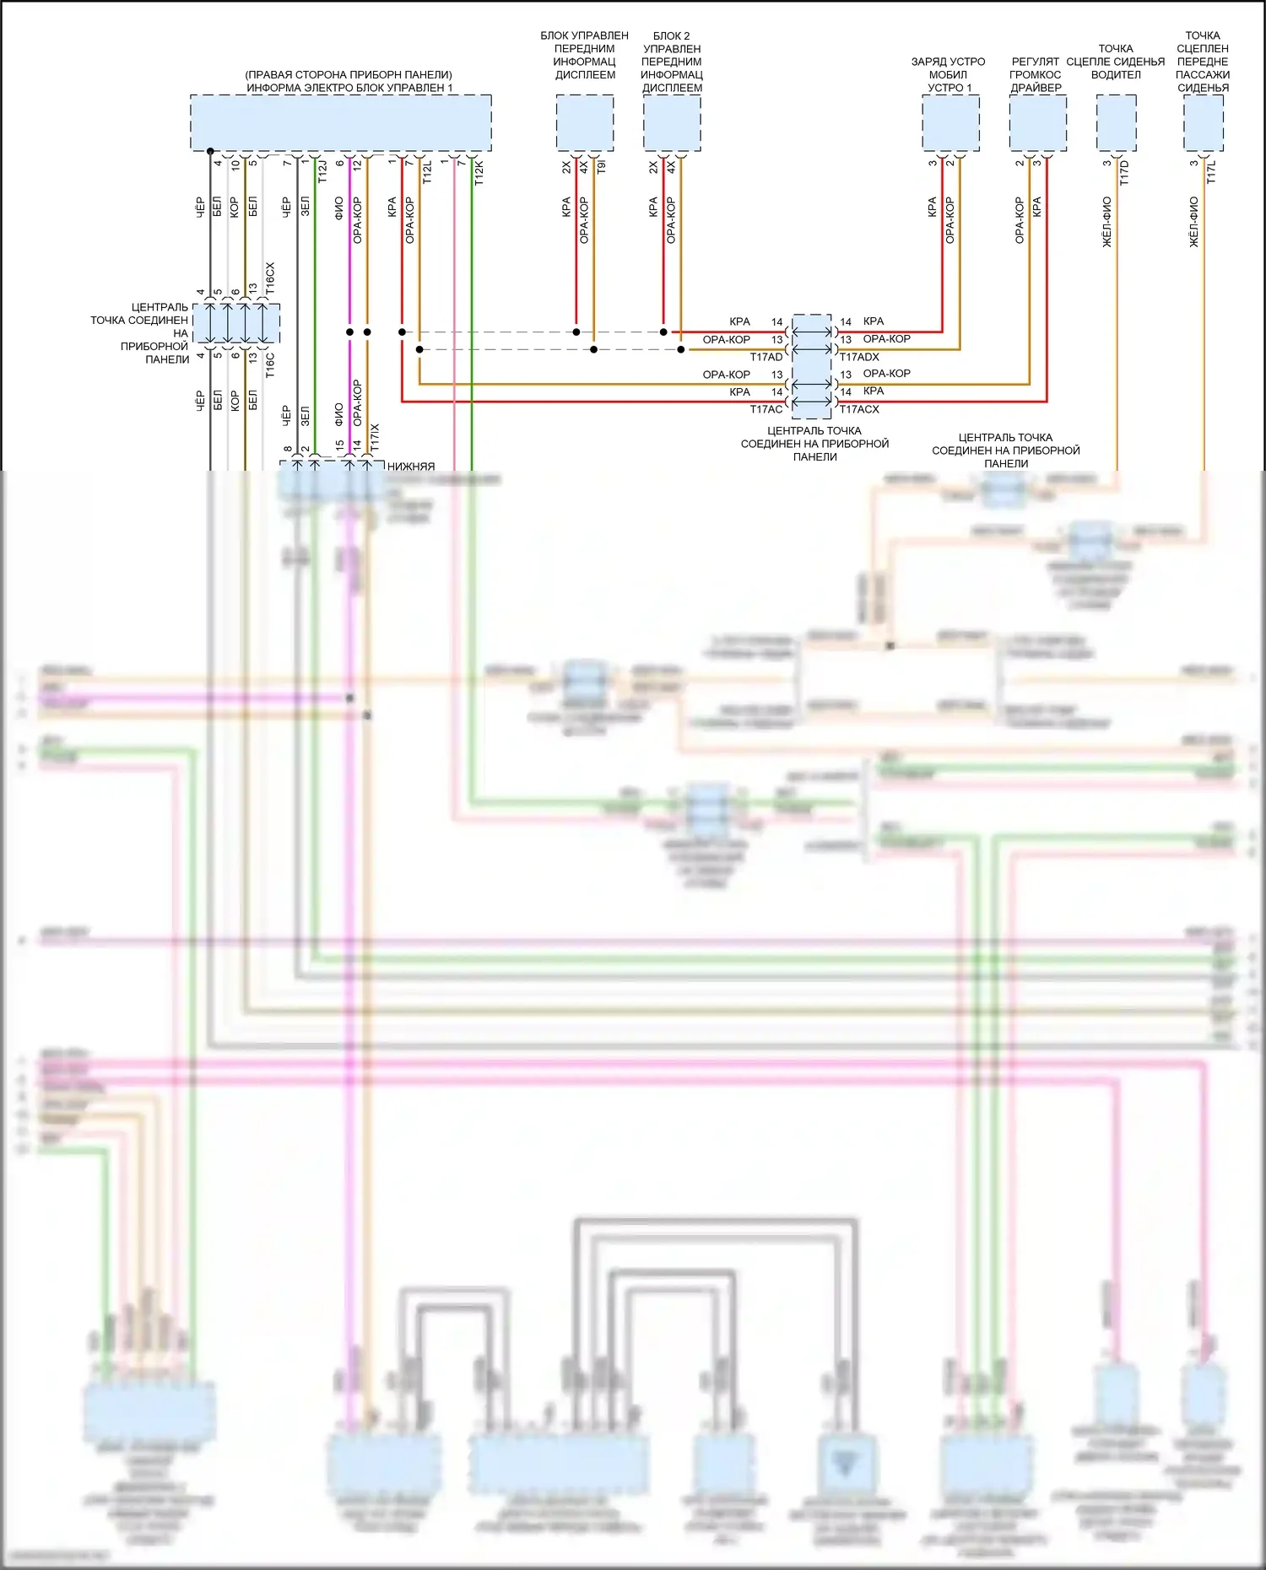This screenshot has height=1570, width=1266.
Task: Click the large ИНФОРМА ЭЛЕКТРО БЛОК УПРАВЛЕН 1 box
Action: [340, 123]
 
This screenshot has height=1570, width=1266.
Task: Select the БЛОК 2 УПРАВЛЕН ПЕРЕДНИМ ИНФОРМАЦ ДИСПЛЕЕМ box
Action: [672, 123]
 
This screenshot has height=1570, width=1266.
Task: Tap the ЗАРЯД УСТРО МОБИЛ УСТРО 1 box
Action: [950, 123]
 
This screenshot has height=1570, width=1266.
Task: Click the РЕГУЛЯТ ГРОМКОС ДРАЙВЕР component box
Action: [1037, 123]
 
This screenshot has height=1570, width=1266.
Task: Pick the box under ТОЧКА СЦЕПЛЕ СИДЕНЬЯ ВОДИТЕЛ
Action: [1116, 123]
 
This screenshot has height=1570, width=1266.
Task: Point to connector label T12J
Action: [322, 171]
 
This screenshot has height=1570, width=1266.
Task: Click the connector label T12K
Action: [479, 171]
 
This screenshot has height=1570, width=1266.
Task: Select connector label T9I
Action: [601, 167]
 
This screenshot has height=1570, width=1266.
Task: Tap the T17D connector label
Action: [1124, 172]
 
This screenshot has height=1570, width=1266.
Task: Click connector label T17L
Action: [1211, 172]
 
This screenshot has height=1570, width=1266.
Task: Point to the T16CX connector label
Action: [270, 278]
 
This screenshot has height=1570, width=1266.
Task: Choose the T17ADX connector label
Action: [859, 357]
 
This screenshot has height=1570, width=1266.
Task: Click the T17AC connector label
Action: [766, 409]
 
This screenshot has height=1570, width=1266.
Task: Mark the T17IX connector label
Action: [375, 437]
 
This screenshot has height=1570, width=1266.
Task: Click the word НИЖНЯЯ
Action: [411, 466]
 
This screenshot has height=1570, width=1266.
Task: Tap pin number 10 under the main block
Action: [235, 165]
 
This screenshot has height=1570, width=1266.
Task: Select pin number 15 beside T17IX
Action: [339, 445]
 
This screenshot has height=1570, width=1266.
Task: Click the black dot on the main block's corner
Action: [210, 150]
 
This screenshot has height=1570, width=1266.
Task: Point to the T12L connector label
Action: [427, 171]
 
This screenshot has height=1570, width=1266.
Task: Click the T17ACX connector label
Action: [859, 409]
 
